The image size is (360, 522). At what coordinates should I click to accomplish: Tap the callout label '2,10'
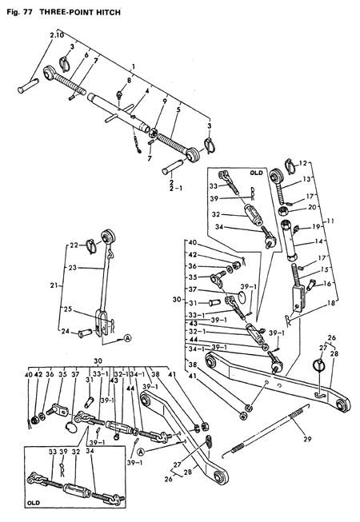pyautogui.click(x=57, y=37)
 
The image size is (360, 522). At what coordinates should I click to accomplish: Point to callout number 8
pyautogui.click(x=127, y=82)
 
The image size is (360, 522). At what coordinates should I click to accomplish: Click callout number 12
pyautogui.click(x=302, y=164)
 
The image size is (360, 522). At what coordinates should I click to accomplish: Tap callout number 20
pyautogui.click(x=314, y=206)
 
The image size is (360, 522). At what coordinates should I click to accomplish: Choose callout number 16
pyautogui.click(x=327, y=283)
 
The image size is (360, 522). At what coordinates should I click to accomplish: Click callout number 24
pyautogui.click(x=67, y=331)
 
